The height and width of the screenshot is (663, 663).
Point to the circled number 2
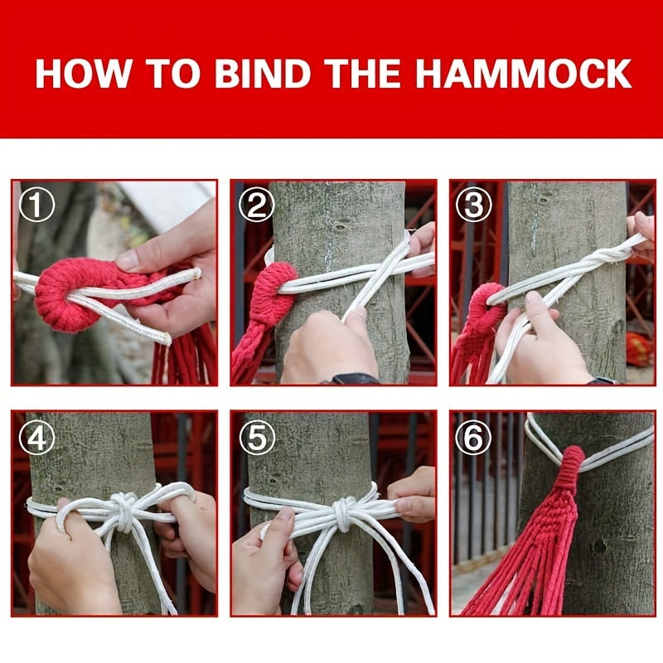pyautogui.click(x=256, y=206)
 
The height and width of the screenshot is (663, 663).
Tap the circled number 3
pyautogui.click(x=474, y=206)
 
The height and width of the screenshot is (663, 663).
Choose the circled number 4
pyautogui.click(x=36, y=437)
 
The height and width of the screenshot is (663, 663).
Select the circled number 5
pyautogui.click(x=256, y=437)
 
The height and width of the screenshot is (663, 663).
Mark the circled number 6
pyautogui.click(x=474, y=437)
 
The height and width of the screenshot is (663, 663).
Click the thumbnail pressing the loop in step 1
pyautogui.click(x=128, y=260)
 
